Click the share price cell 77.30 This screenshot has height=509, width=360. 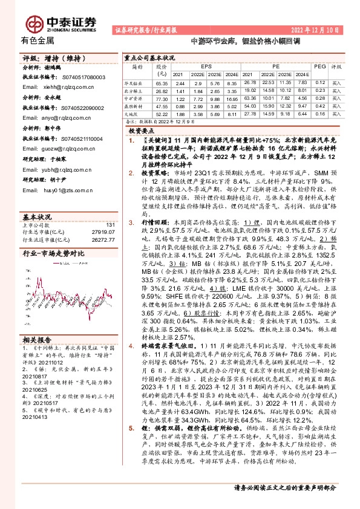point(161,97)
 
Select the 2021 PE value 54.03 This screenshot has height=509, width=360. point(250,105)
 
